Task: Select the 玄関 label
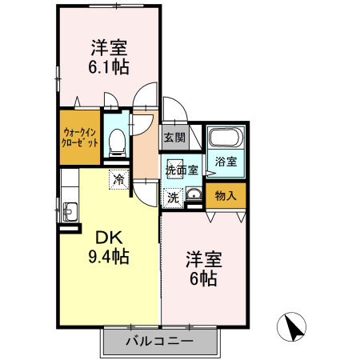(x=174, y=138)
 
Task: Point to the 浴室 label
(x=226, y=162)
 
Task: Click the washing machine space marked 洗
(x=173, y=197)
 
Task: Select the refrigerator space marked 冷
(x=118, y=180)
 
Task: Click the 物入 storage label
(x=226, y=195)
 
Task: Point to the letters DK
(x=110, y=238)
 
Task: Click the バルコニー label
(x=159, y=342)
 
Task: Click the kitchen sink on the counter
(x=68, y=212)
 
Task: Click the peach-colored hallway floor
(x=145, y=148)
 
